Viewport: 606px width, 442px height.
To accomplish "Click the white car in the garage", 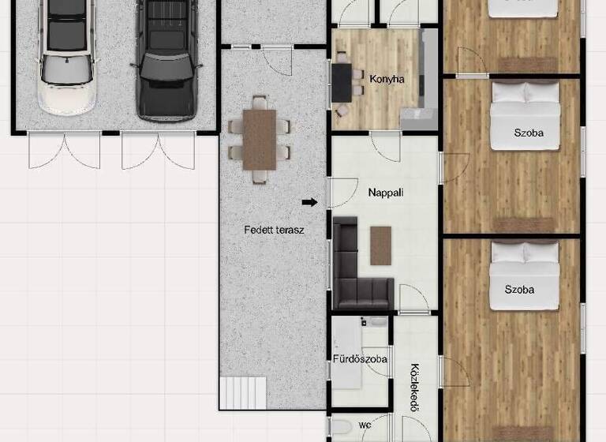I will point(67,59).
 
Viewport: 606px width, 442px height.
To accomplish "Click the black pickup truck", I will point(165,59).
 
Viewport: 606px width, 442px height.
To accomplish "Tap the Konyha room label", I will point(387,79).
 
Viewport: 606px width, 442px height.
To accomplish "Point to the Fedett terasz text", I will point(274,230).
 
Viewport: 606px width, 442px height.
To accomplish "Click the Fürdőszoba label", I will point(360,359).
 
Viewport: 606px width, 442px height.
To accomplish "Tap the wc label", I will point(365,425).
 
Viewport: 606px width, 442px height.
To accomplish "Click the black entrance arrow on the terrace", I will point(310,202).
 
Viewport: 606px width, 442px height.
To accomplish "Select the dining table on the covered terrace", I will point(260,140).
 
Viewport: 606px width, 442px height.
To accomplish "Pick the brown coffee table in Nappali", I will point(380,245).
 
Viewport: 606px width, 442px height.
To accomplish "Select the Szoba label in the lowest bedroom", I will point(519,290).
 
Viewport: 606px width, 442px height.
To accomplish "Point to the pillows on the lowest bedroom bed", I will point(525,253).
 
